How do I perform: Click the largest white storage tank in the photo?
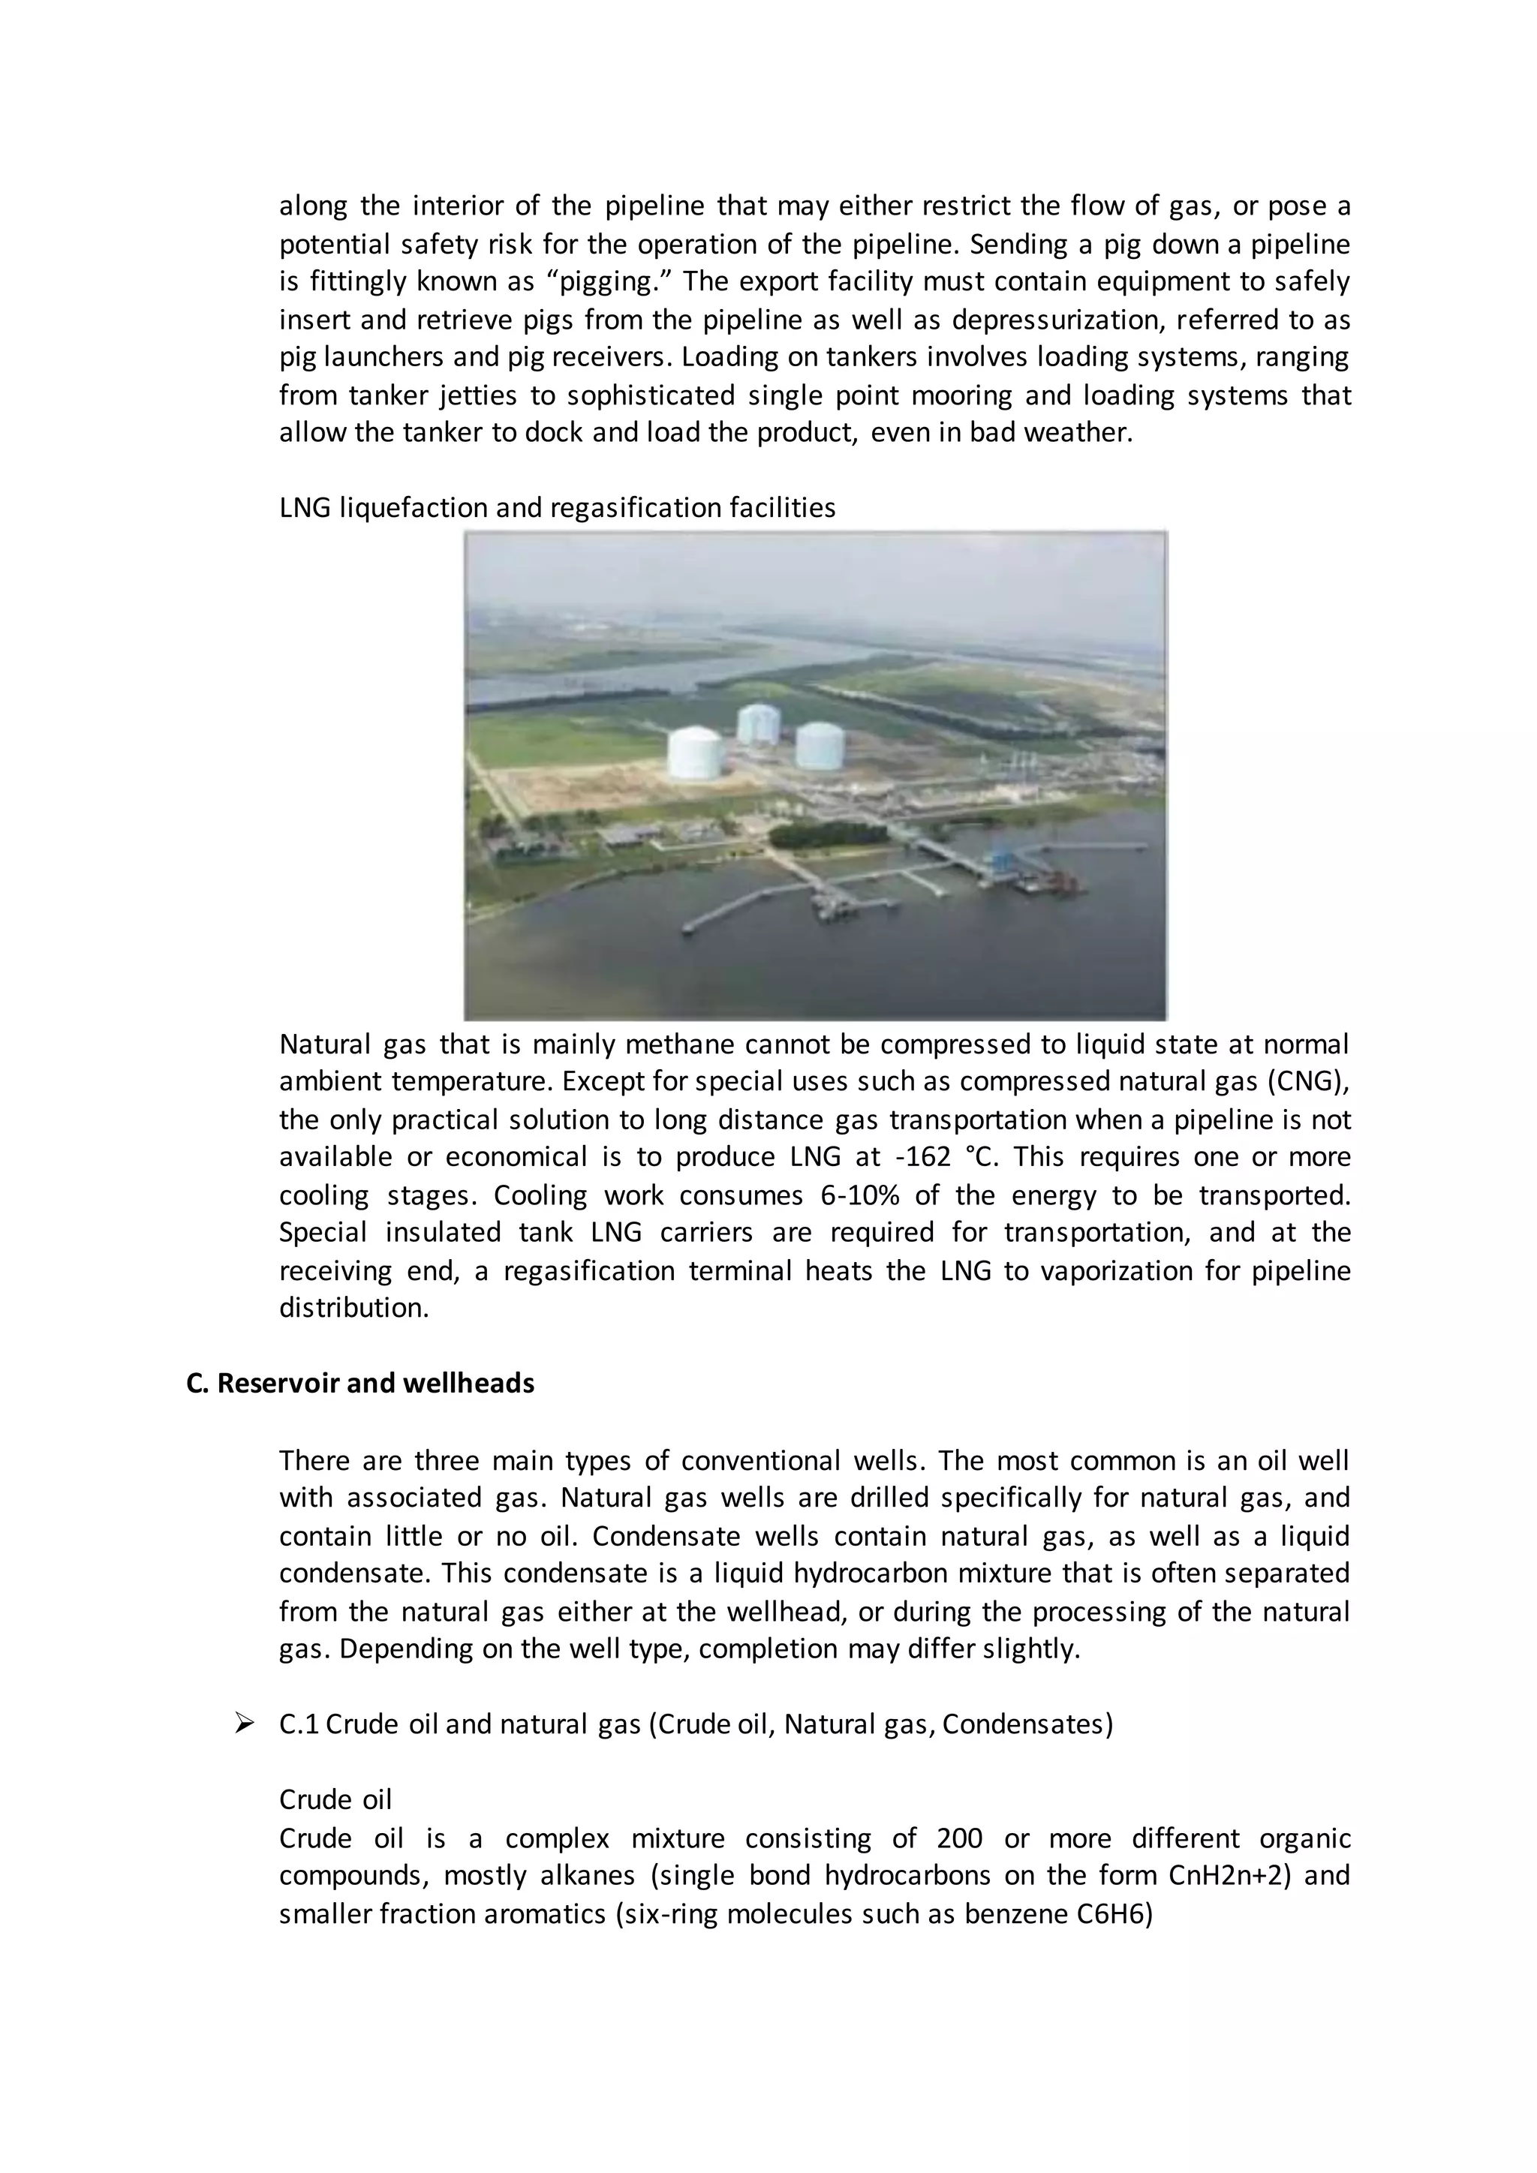point(696,753)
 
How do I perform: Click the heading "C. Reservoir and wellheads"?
point(360,1384)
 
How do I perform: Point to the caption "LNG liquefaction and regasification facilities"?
point(558,508)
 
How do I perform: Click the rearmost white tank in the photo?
point(758,723)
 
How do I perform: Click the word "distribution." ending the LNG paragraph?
point(354,1308)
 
